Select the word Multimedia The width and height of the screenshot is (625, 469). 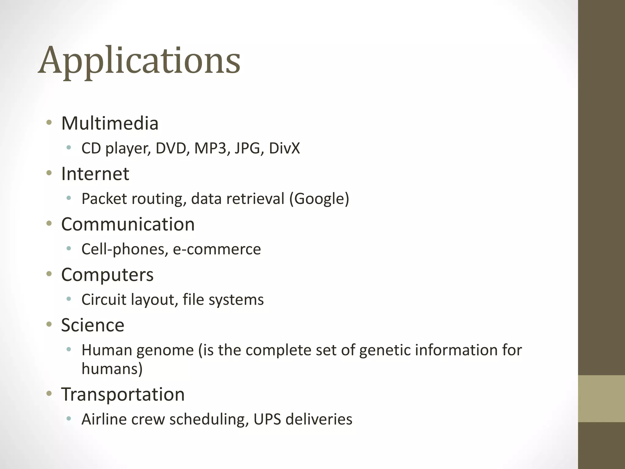pyautogui.click(x=110, y=123)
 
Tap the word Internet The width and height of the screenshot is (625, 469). pyautogui.click(x=95, y=174)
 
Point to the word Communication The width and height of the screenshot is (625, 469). pyautogui.click(x=128, y=224)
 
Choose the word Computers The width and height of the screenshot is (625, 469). pyautogui.click(x=107, y=274)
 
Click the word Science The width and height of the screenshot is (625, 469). pyautogui.click(x=93, y=325)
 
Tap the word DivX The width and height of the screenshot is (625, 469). pyautogui.click(x=284, y=148)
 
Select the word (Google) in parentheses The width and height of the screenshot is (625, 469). pyautogui.click(x=319, y=199)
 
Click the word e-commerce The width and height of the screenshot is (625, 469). pyautogui.click(x=217, y=249)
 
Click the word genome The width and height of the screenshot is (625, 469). pyautogui.click(x=165, y=350)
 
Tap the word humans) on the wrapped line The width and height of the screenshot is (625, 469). pyautogui.click(x=112, y=369)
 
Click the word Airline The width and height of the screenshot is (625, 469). pyautogui.click(x=104, y=419)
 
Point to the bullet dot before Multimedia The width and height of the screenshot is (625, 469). pyautogui.click(x=49, y=123)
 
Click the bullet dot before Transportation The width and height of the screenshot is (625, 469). pyautogui.click(x=49, y=394)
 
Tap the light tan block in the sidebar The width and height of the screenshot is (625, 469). pyautogui.click(x=602, y=398)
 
